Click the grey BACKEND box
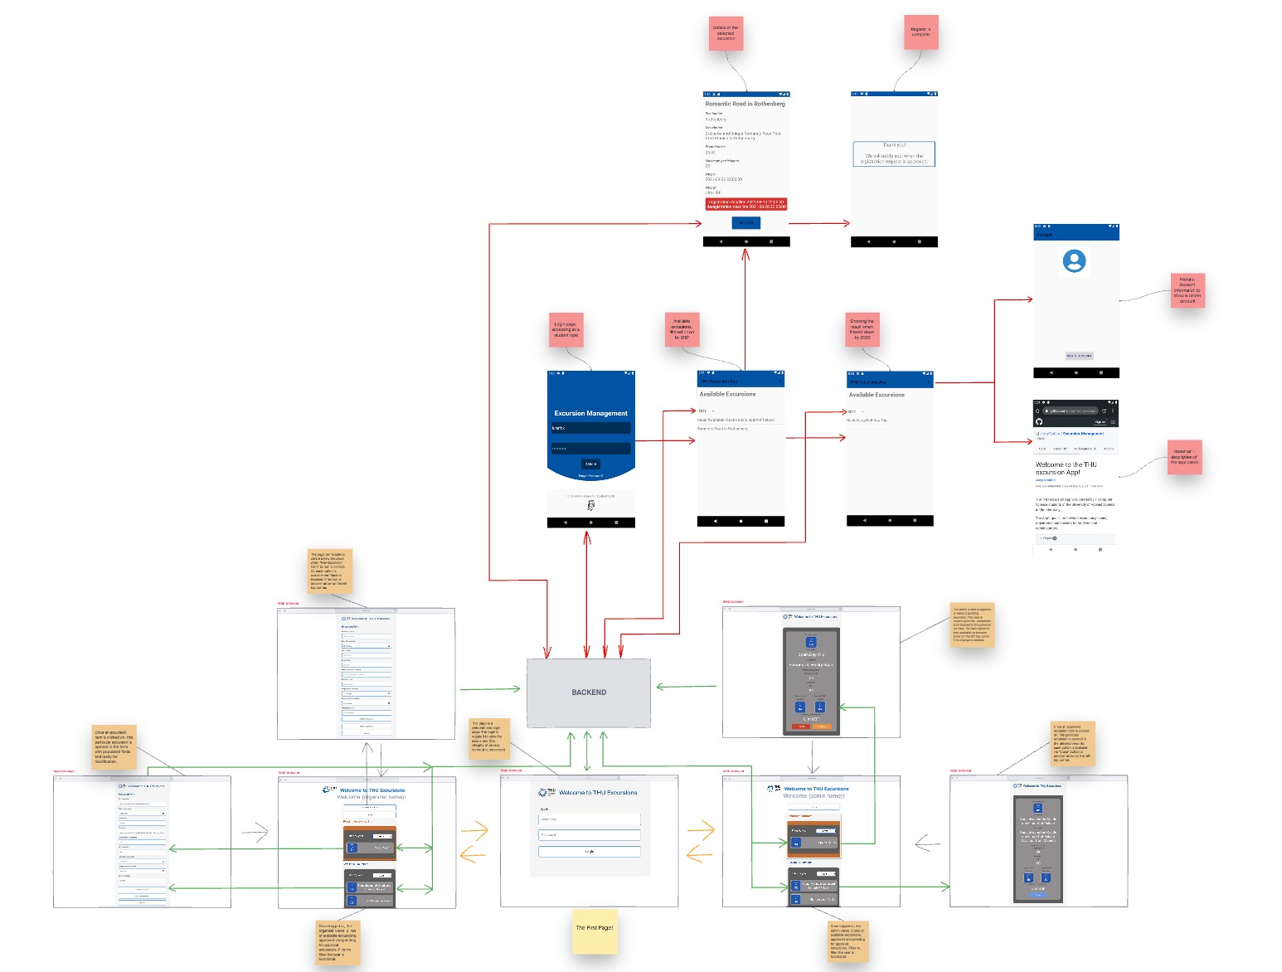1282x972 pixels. pos(589,693)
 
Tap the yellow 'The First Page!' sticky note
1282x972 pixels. pos(595,929)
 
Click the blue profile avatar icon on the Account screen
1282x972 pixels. pos(1075,261)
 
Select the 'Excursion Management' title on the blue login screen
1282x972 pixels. pos(590,413)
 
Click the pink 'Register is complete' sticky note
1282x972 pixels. pos(920,32)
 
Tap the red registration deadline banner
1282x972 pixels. pos(746,204)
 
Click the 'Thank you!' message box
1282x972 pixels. pos(894,153)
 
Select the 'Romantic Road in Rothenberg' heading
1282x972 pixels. pos(745,104)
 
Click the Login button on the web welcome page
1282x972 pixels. pos(590,852)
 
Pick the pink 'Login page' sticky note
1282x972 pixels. pos(566,330)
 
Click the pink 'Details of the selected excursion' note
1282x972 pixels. pos(726,33)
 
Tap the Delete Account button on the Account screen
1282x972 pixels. pos(1079,356)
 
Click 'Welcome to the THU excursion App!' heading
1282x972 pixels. pos(1066,468)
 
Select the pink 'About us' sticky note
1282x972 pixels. pos(1184,457)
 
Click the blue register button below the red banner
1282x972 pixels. pos(745,223)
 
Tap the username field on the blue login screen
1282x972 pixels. pos(590,428)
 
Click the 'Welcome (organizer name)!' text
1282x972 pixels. pos(371,797)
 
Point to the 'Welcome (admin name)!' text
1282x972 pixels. pos(813,796)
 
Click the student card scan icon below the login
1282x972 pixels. pos(590,505)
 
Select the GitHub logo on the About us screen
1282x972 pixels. pos(1039,421)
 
